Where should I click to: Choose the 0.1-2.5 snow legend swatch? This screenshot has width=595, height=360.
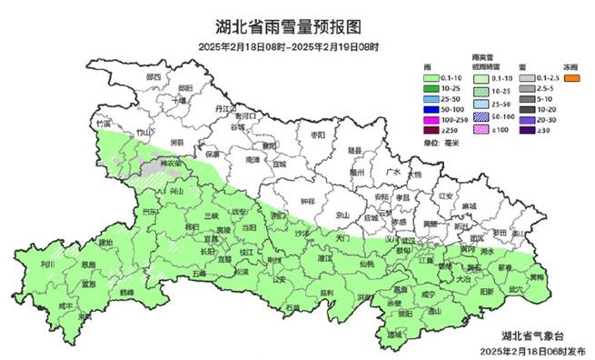(525, 79)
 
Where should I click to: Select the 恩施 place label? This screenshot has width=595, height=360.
(88, 265)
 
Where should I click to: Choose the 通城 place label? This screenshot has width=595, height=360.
(393, 335)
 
